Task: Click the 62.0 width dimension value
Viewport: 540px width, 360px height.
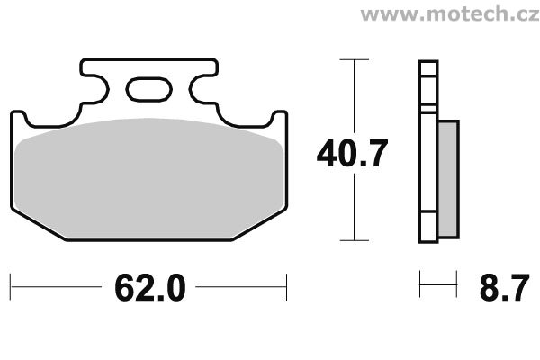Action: click(150, 288)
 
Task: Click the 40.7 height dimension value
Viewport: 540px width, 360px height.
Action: click(352, 153)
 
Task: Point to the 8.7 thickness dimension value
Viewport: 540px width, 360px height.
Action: click(504, 288)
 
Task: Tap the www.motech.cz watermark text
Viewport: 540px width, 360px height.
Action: click(450, 13)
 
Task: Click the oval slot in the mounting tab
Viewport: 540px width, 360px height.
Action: click(149, 90)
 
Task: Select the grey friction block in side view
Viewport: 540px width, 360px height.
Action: click(448, 179)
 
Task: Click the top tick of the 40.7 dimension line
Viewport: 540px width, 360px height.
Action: click(354, 59)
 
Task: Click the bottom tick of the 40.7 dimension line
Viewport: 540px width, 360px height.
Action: click(354, 240)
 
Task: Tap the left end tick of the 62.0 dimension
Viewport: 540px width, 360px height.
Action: click(10, 287)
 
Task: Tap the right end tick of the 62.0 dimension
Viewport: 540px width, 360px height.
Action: click(286, 287)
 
